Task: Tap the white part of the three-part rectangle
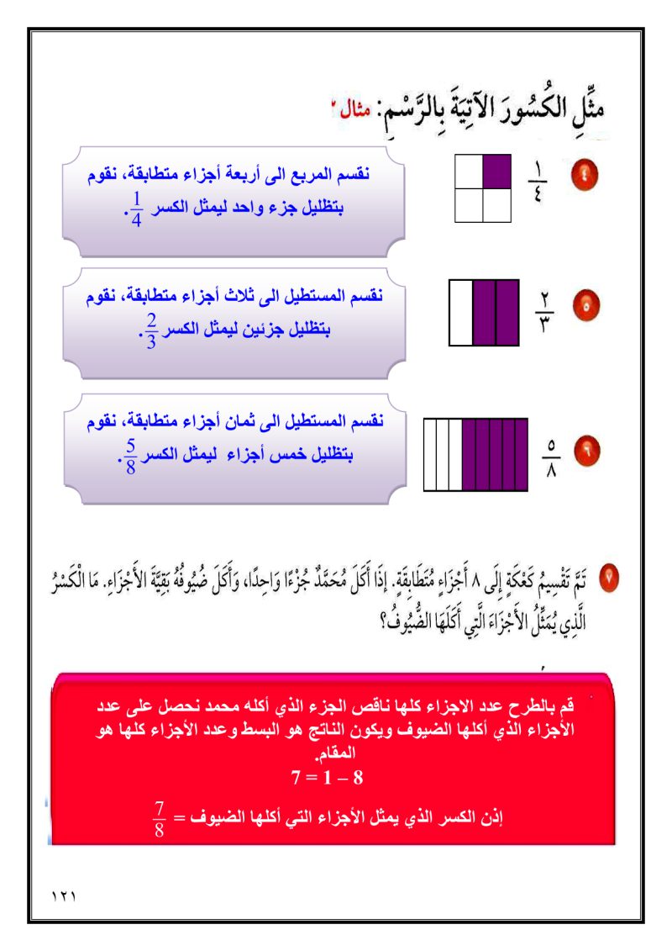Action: (461, 313)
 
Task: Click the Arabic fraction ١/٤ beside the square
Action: (538, 177)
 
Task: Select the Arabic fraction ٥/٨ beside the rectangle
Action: (552, 456)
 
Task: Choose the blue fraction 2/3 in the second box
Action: (150, 331)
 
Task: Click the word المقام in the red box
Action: (333, 755)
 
